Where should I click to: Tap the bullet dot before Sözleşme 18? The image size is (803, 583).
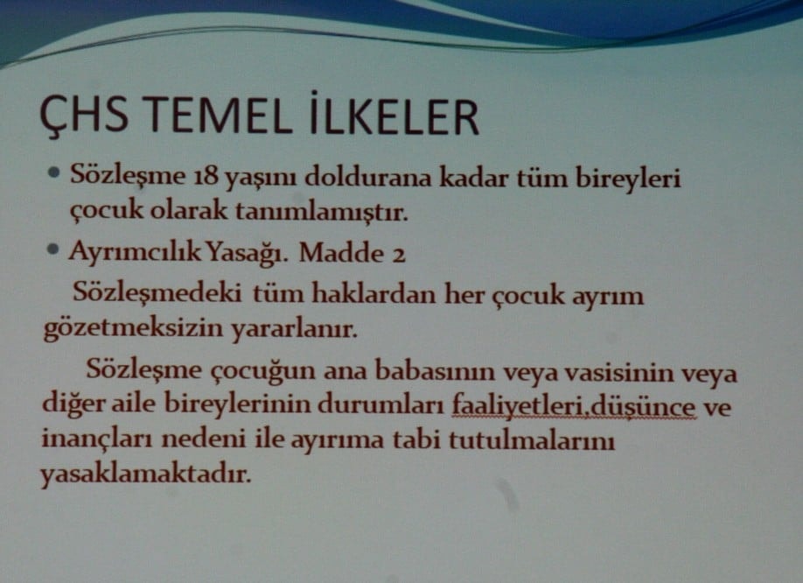point(54,173)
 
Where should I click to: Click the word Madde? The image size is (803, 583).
point(336,253)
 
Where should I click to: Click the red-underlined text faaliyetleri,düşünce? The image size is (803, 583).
point(574,407)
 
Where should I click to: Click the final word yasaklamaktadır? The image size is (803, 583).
point(145,475)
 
